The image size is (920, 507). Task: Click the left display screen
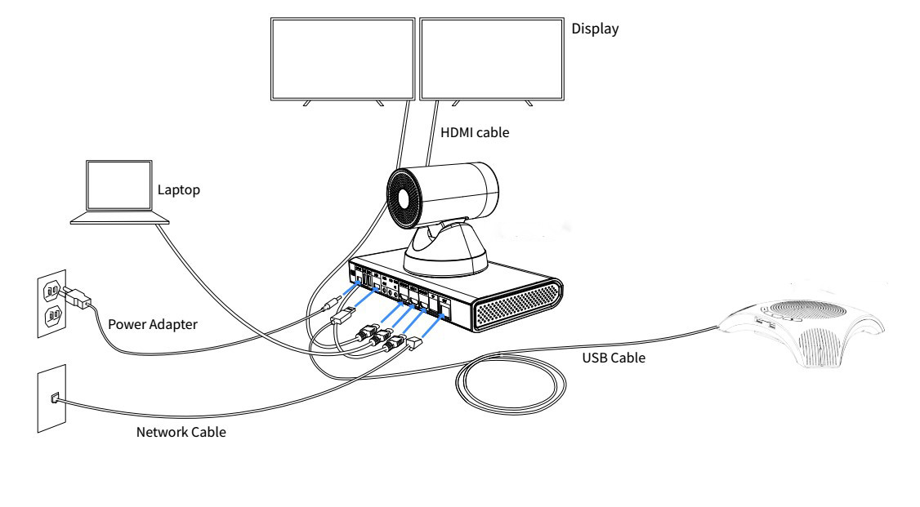pyautogui.click(x=342, y=56)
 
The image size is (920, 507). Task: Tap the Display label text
pyautogui.click(x=595, y=29)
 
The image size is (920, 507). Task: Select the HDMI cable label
pyautogui.click(x=474, y=132)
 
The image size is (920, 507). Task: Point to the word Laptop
pyautogui.click(x=179, y=190)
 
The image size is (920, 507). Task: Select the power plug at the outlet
pyautogui.click(x=81, y=300)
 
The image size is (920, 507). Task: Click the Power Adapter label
pyautogui.click(x=152, y=323)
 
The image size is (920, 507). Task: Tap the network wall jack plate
pyautogui.click(x=51, y=399)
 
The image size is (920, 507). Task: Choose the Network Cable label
pyautogui.click(x=181, y=432)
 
